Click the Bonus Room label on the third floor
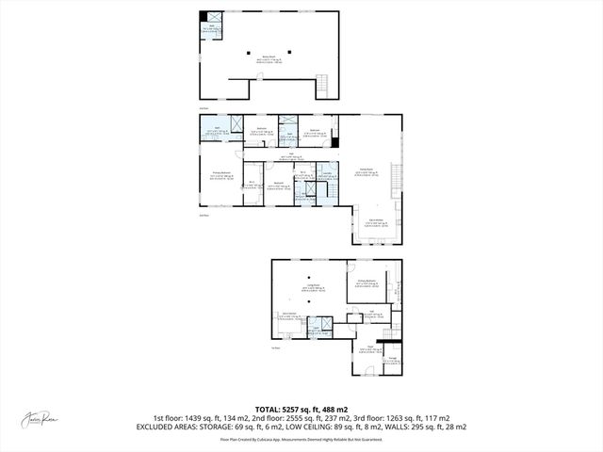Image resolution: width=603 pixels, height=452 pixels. (x=268, y=56)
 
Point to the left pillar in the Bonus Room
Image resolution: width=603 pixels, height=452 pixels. (x=250, y=51)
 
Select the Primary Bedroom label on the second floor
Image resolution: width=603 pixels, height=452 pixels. (x=222, y=175)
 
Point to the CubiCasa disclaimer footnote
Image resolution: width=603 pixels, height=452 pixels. (x=301, y=439)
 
